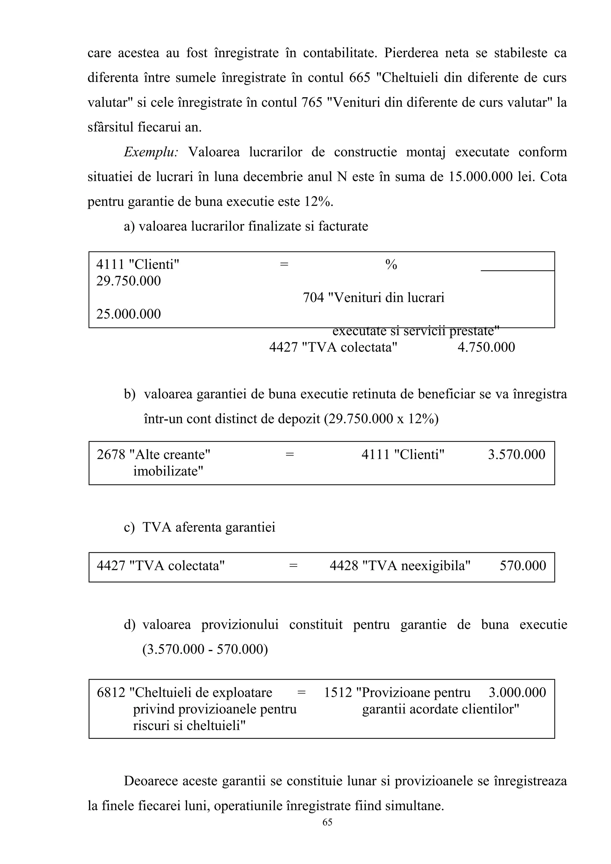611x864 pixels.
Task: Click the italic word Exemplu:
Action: (151, 152)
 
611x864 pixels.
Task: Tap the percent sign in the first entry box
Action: (391, 265)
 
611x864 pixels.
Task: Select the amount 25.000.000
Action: (128, 314)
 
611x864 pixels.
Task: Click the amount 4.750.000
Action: (486, 347)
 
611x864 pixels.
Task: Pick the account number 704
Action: (313, 298)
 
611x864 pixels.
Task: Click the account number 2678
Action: (111, 455)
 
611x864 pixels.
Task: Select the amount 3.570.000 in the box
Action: (516, 455)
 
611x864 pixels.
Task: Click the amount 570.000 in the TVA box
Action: (522, 566)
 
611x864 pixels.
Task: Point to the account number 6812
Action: (111, 692)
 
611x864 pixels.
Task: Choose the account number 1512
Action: (338, 692)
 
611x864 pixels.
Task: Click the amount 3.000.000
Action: (517, 692)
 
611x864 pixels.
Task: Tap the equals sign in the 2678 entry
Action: (289, 455)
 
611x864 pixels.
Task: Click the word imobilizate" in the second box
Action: (168, 471)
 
